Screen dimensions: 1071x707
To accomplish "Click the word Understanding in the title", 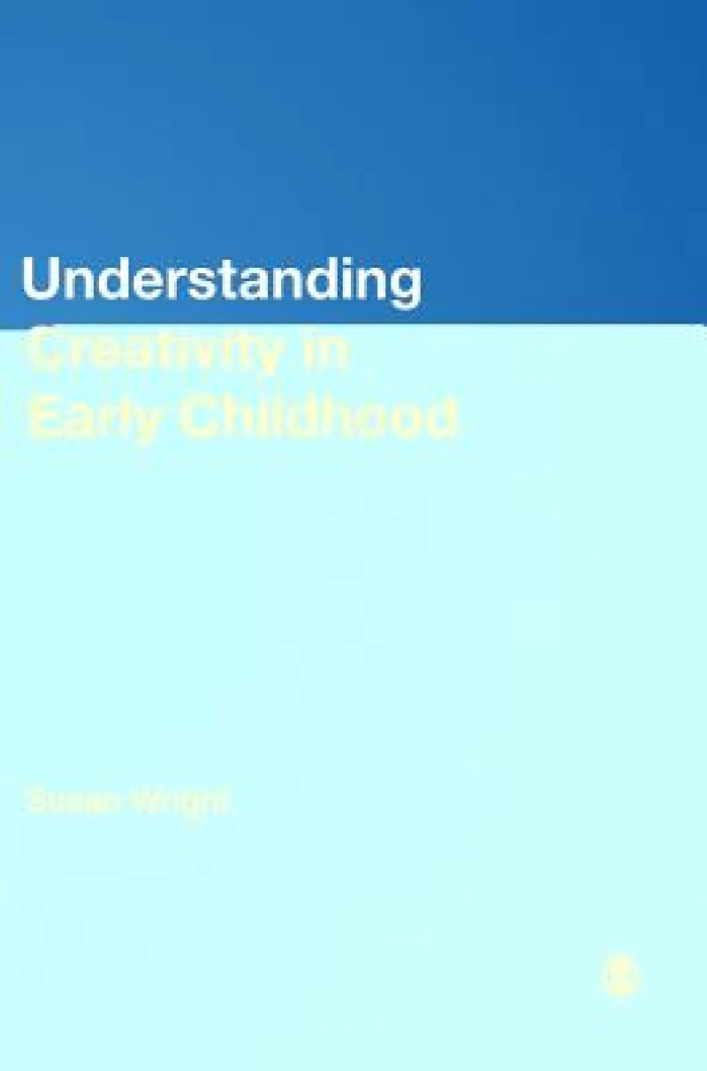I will pos(221,281).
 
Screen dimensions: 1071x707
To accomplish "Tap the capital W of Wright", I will pos(144,802).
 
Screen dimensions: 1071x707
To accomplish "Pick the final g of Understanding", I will pos(405,285).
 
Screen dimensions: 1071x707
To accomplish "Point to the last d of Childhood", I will pos(442,416).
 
